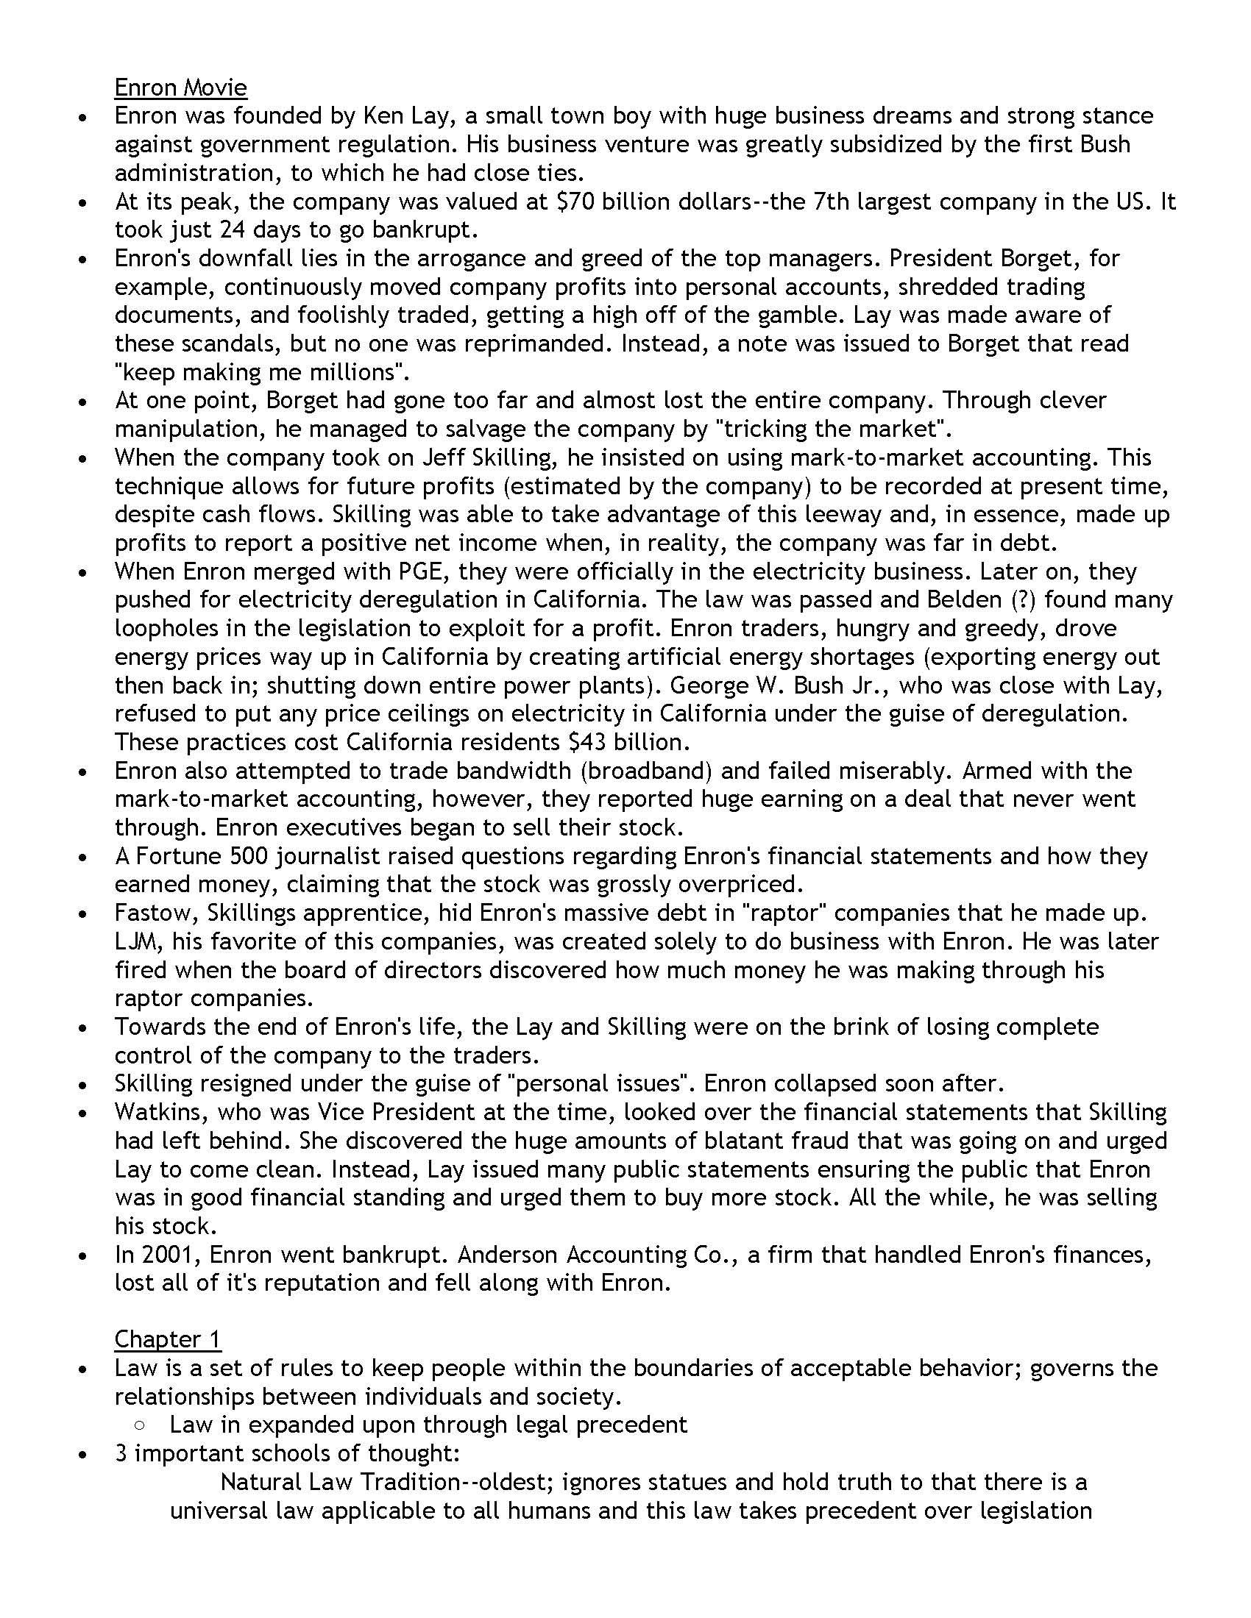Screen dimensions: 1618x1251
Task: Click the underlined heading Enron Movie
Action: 180,88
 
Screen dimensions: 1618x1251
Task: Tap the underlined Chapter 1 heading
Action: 168,1339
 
